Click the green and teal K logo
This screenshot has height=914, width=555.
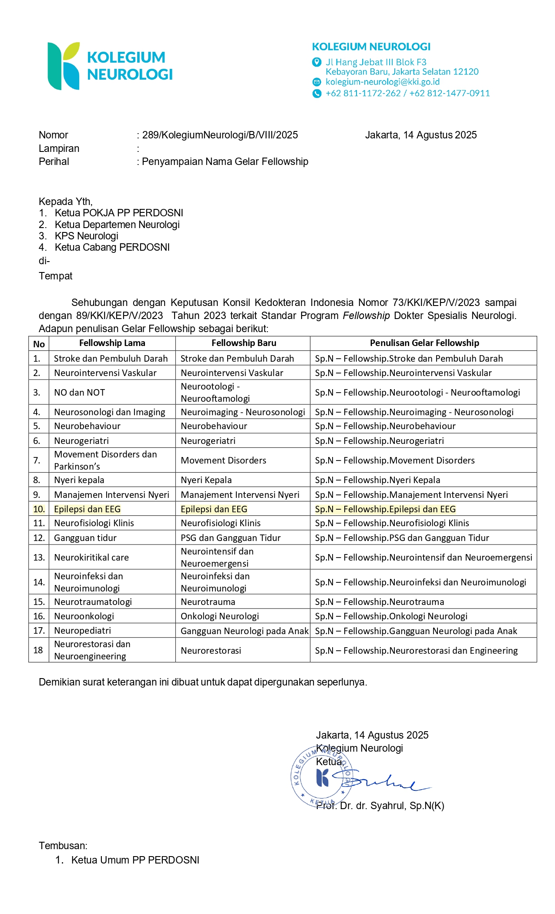tap(64, 66)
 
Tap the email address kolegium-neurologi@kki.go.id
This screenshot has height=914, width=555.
tap(383, 82)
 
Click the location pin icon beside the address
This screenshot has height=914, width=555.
tap(316, 62)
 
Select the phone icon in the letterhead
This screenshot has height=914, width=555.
tap(316, 93)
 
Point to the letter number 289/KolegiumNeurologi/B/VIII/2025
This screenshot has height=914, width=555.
tap(220, 135)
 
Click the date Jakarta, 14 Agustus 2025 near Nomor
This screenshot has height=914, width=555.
tap(420, 135)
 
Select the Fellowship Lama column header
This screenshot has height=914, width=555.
tap(112, 343)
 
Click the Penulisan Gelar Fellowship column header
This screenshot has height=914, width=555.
tap(424, 343)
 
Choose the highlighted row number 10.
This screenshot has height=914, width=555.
tap(39, 509)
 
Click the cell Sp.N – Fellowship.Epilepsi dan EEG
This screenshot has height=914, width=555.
tap(385, 509)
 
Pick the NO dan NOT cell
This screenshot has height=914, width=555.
tap(79, 392)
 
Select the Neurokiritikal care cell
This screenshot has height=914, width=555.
tap(91, 557)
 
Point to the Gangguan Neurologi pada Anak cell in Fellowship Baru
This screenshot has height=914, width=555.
tap(244, 631)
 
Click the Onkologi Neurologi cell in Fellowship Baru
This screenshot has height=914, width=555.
tap(220, 616)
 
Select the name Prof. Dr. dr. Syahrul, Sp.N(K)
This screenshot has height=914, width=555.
tap(380, 806)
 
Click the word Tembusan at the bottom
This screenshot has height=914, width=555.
tap(63, 846)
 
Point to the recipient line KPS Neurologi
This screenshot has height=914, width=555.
tap(86, 236)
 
